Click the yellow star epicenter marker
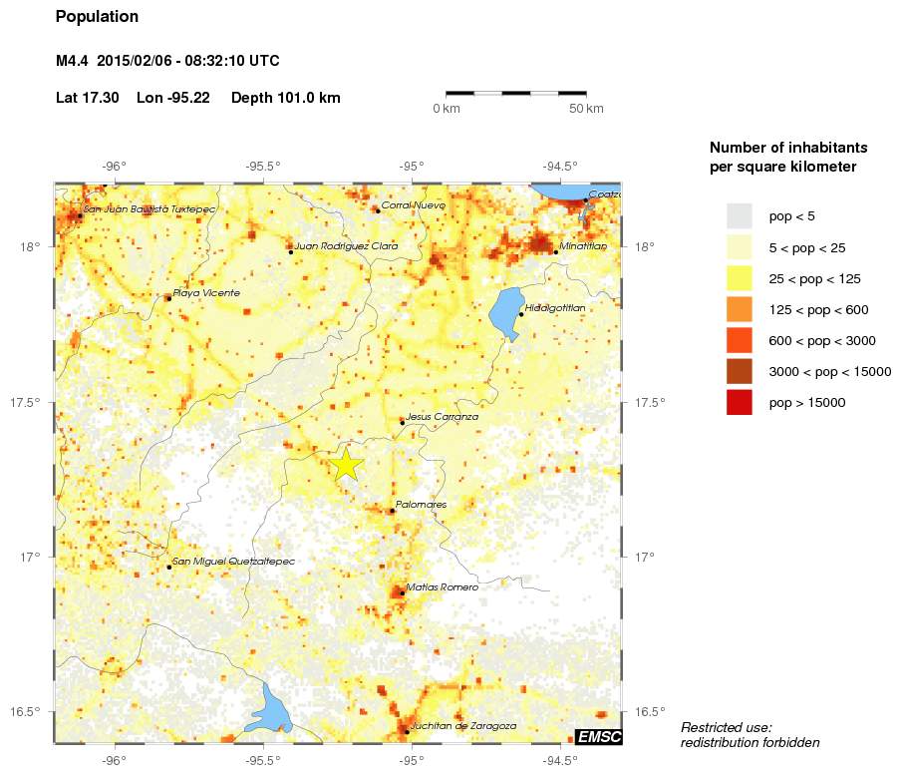346,464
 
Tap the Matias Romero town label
442,587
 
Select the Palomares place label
421,505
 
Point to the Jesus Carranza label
443,417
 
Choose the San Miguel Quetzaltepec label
233,562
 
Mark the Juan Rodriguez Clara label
346,245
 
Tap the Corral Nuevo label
412,204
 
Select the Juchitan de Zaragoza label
462,726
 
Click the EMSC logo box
599,737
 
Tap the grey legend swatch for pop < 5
739,215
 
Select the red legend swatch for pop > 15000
739,403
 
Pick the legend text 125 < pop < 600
818,310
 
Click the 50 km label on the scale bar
586,108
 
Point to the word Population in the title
98,17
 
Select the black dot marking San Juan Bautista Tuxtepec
80,215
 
